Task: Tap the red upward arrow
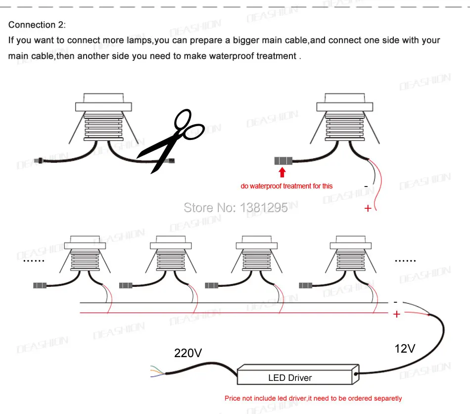tap(282, 172)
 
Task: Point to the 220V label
tap(188, 353)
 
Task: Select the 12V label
tap(404, 349)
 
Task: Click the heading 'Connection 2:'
tap(37, 25)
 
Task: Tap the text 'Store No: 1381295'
tap(235, 207)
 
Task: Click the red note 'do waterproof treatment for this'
tap(286, 186)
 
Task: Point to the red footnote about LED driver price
tap(313, 398)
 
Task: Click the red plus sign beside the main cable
tap(396, 314)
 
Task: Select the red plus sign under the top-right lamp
tap(368, 208)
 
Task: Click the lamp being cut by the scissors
tap(103, 119)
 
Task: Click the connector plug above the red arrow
tap(283, 161)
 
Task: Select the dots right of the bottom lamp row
tap(405, 260)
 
